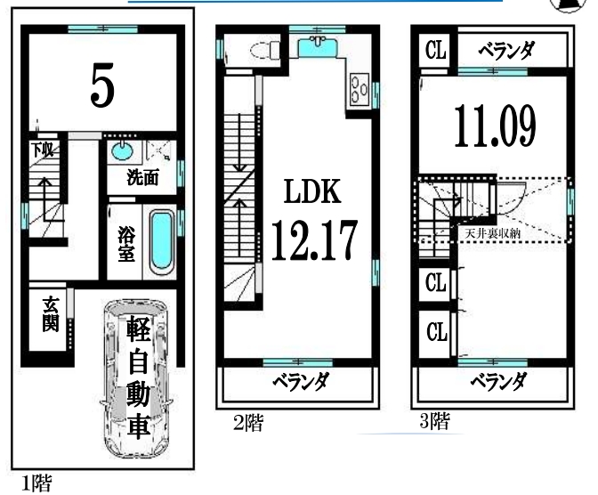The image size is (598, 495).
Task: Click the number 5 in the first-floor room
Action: pos(102,85)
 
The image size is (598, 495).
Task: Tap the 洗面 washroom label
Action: pos(142,177)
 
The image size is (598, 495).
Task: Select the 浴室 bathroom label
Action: pos(125,243)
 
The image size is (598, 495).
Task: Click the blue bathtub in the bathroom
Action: pos(162,243)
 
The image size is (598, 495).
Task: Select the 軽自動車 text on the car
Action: pos(138,377)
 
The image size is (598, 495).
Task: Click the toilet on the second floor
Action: pos(265,51)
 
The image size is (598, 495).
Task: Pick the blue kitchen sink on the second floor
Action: pos(317,47)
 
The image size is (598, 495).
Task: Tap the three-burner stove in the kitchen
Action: pos(360,89)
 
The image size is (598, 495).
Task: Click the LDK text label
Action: pos(312,191)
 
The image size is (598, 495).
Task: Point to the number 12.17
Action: pos(314,240)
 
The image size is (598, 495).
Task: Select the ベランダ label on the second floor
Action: pos(300,382)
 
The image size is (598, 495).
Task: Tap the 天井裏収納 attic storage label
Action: pos(492,232)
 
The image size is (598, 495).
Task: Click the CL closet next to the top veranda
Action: pos(435,50)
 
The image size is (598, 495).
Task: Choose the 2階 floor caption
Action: pos(248,423)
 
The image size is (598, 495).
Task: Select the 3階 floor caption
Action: pos(434,421)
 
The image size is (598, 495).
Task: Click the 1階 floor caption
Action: pos(36,483)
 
